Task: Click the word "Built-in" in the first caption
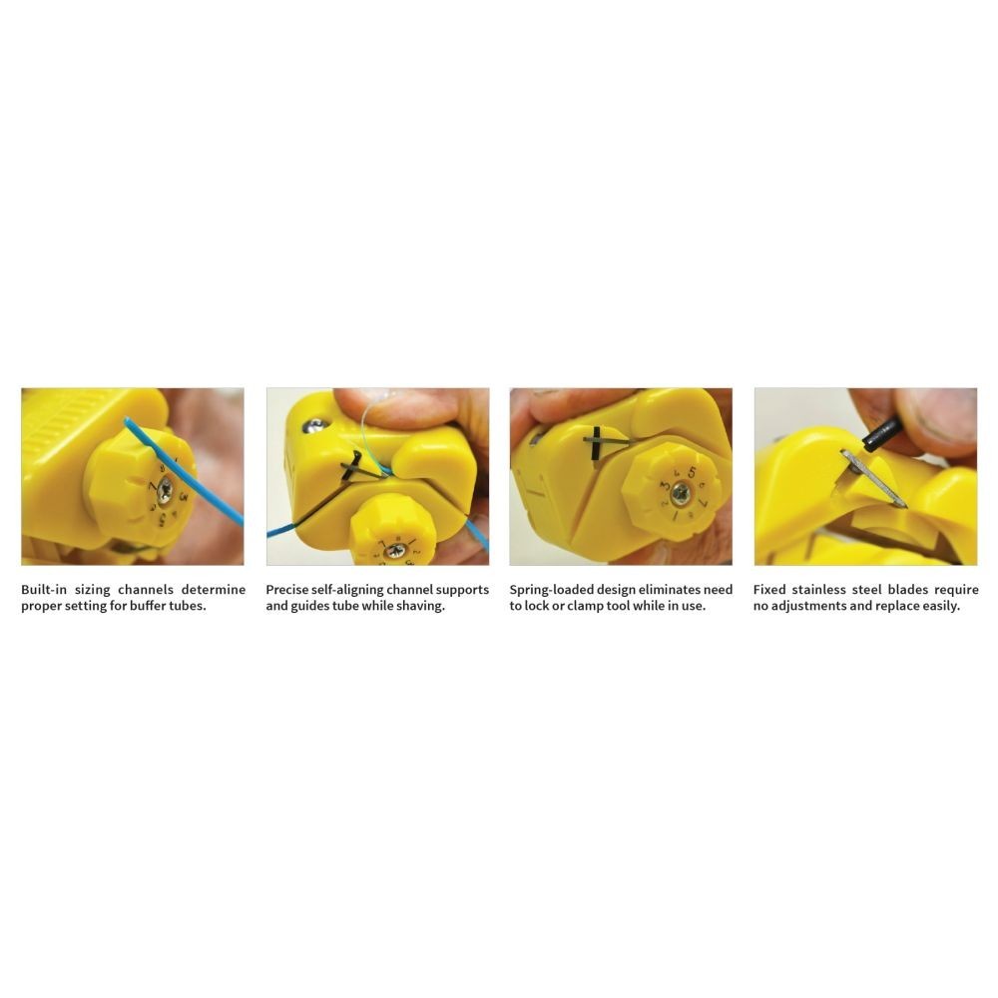click(x=43, y=590)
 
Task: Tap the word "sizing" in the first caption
click(x=92, y=590)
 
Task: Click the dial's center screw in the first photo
click(x=165, y=490)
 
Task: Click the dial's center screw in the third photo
click(x=681, y=493)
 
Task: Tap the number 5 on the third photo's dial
click(x=692, y=472)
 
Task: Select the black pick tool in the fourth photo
click(x=881, y=433)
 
